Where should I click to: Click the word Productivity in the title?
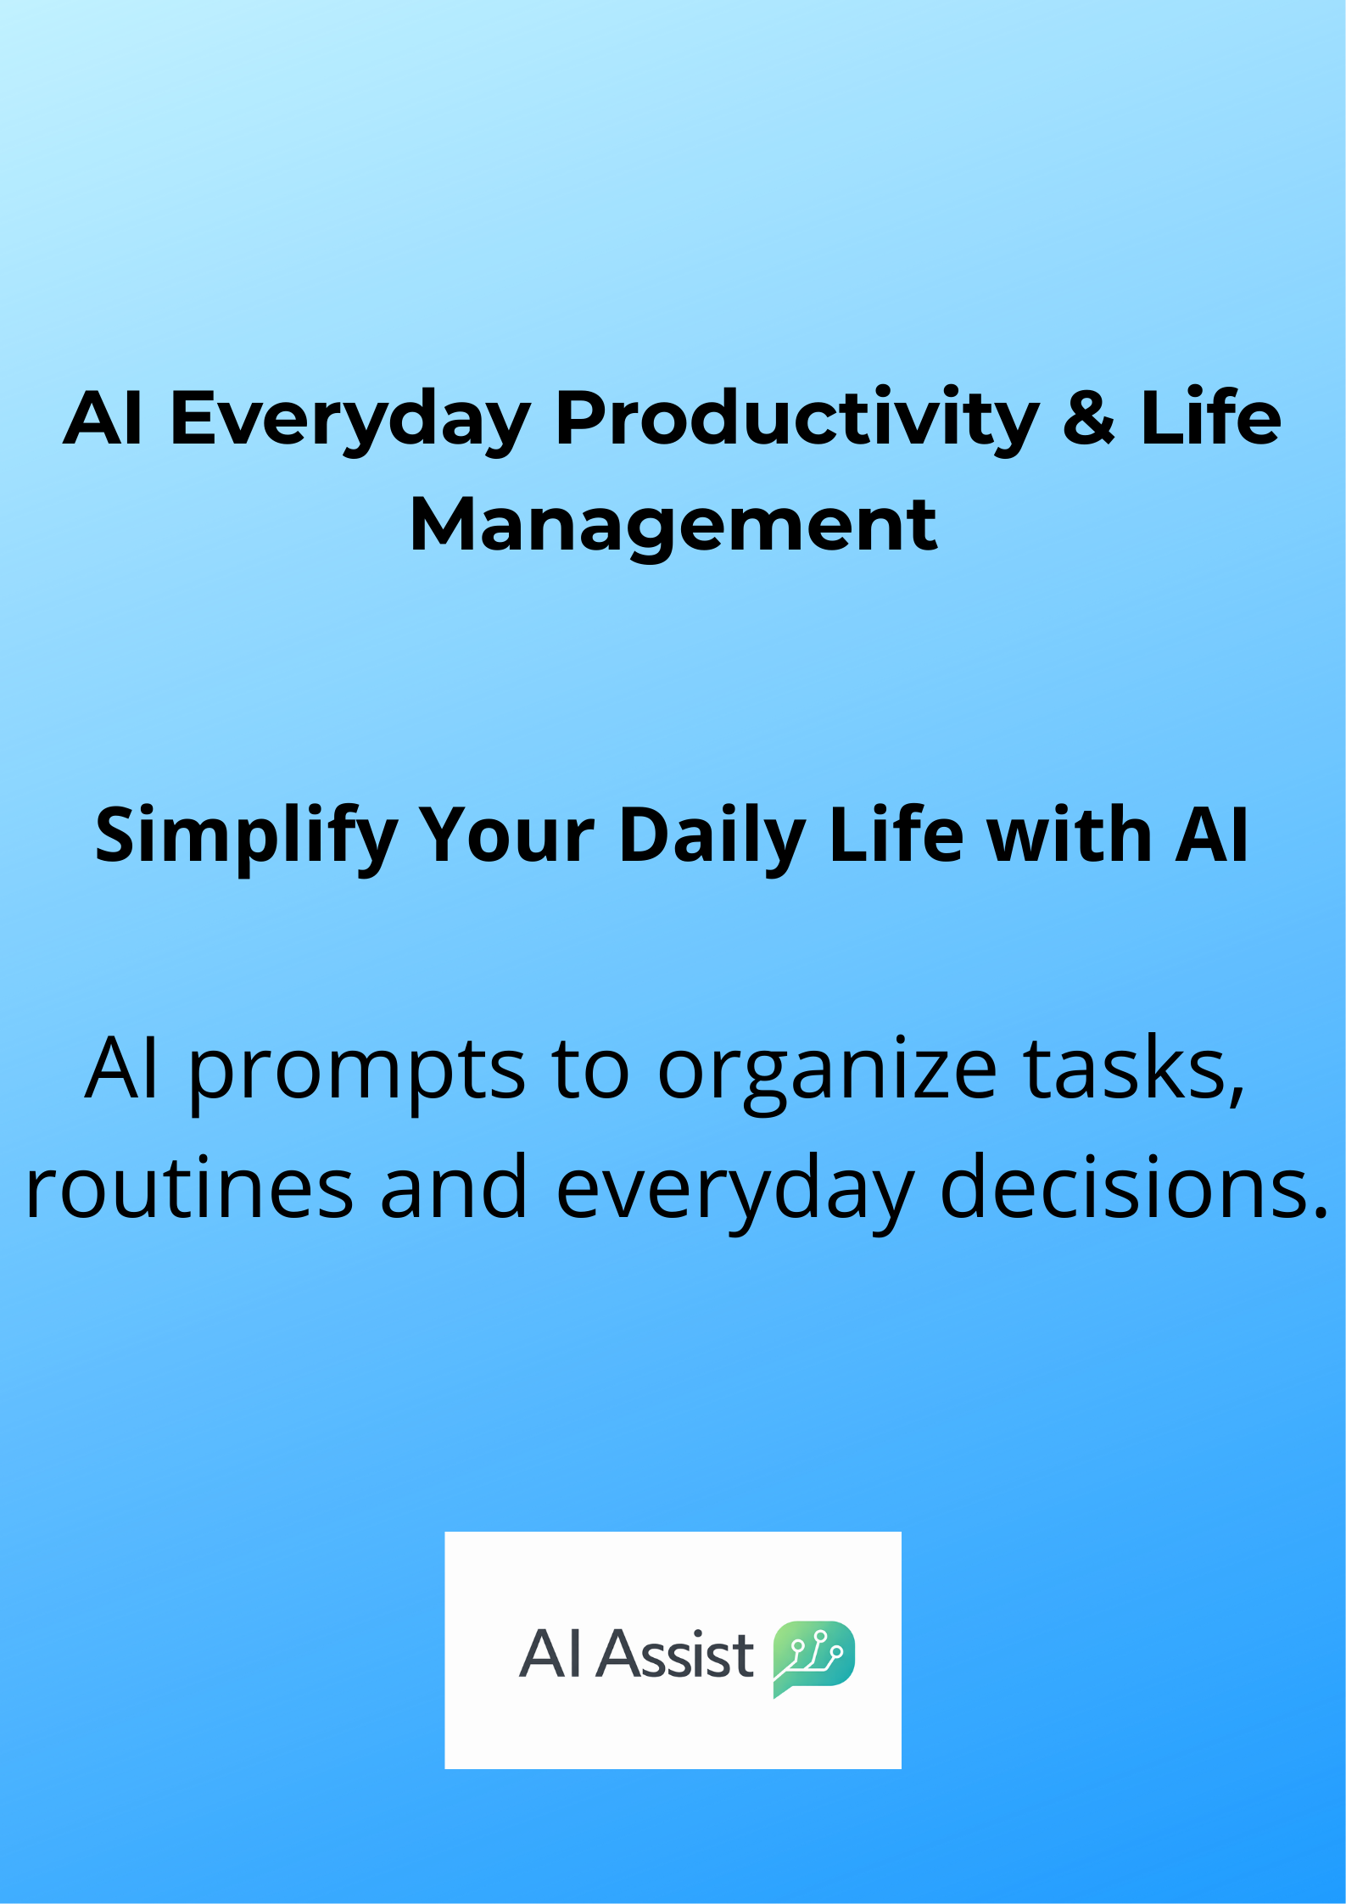796,420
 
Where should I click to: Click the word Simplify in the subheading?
246,837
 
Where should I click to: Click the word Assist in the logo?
675,1654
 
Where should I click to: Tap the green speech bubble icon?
813,1657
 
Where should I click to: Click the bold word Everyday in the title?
350,421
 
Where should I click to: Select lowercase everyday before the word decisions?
735,1191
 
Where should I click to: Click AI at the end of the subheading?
1211,835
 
